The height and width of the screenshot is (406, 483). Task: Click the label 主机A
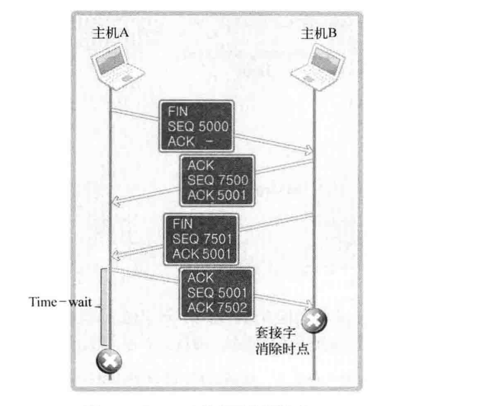(x=110, y=33)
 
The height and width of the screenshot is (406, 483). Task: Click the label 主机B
(x=319, y=33)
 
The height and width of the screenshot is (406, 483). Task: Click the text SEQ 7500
(x=218, y=180)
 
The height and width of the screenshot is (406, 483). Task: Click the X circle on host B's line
(x=313, y=321)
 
